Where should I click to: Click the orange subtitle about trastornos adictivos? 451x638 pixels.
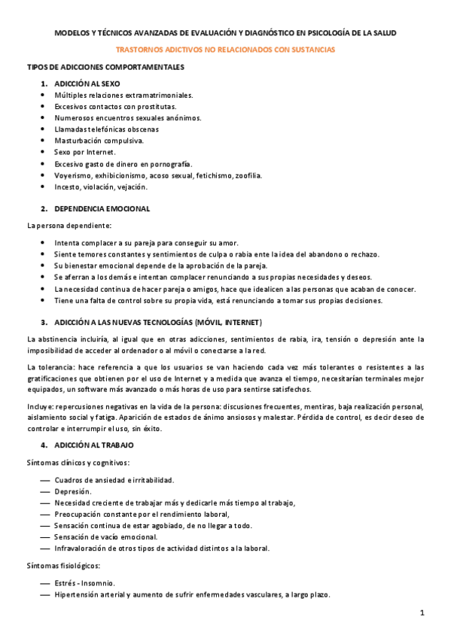coord(225,50)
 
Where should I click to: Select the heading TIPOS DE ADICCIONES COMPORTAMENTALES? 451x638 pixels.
coord(105,67)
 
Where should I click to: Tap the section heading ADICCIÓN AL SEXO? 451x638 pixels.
coord(87,84)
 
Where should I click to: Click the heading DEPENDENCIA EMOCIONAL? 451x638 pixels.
coord(102,208)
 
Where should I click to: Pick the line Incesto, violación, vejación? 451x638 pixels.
coord(101,187)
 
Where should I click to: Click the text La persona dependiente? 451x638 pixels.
coord(69,225)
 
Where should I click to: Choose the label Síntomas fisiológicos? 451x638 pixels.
coord(63,565)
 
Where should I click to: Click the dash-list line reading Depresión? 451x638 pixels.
coord(73,491)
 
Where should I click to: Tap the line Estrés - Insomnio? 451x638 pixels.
coord(85,583)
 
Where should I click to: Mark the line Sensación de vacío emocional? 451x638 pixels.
coord(105,536)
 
